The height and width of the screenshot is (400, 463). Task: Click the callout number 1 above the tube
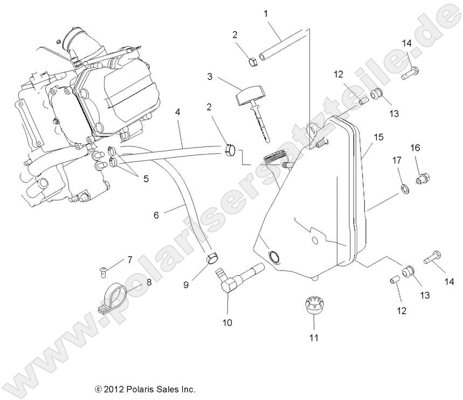[265, 12]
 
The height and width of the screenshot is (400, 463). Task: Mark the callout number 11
[314, 338]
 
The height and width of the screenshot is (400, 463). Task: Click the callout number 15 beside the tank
[379, 138]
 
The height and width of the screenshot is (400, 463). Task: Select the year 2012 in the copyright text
[112, 389]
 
